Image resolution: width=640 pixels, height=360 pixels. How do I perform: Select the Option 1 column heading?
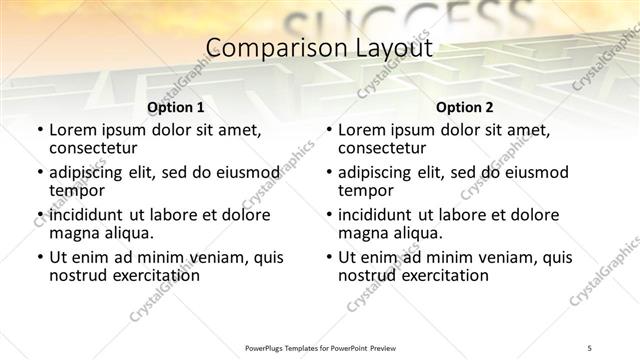[x=175, y=107]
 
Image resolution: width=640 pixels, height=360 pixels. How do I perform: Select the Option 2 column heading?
[x=465, y=107]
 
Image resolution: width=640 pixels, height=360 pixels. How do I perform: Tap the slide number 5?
[x=591, y=347]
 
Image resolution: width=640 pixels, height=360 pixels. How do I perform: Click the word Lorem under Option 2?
[x=362, y=129]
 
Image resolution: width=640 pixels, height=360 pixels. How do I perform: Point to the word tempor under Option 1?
[x=77, y=189]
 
